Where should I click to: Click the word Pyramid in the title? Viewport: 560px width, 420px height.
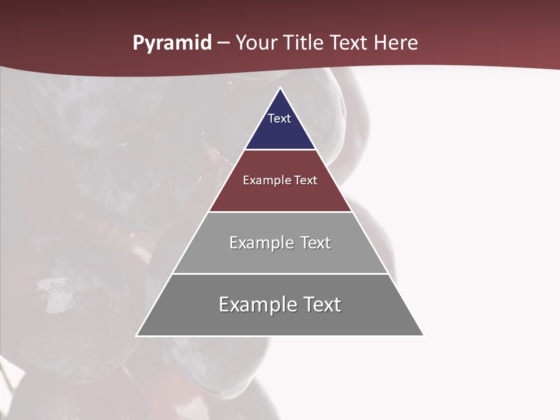171,43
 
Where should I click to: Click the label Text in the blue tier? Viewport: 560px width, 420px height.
279,118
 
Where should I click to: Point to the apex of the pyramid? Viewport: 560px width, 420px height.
280,89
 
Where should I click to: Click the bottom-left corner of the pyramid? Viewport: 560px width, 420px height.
138,335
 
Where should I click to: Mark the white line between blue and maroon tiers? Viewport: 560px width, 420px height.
280,150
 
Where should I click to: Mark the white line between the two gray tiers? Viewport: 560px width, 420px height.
280,274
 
